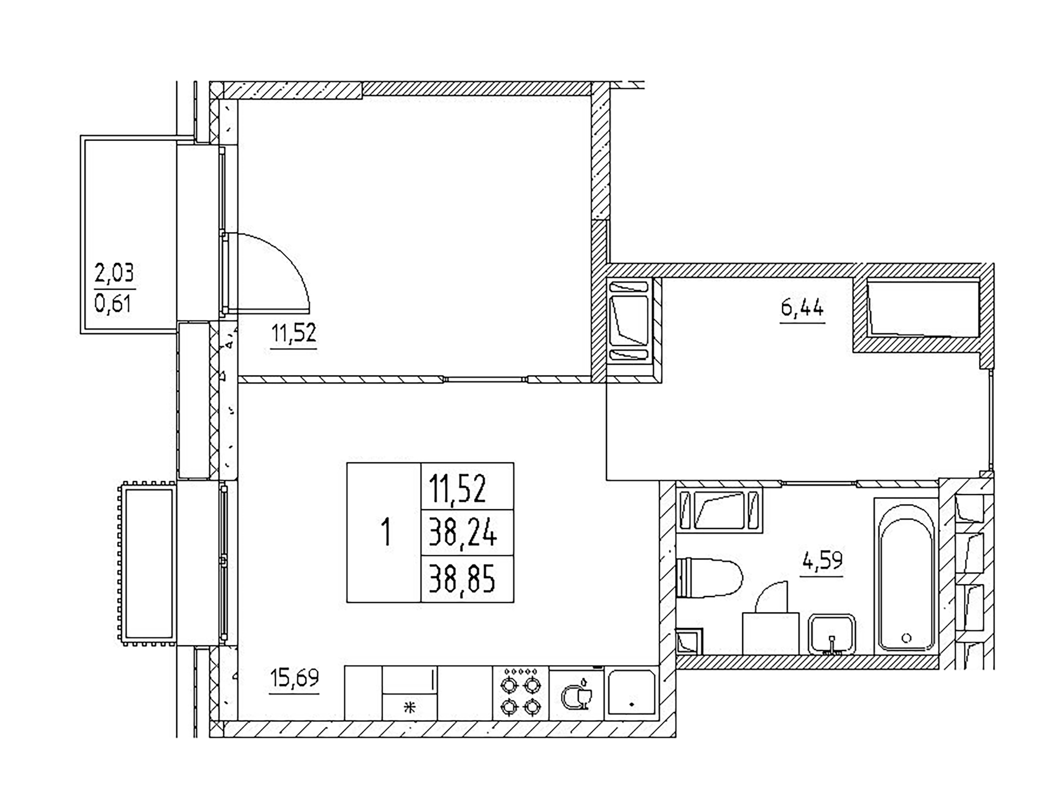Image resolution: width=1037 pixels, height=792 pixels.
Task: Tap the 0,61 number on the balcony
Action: [113, 303]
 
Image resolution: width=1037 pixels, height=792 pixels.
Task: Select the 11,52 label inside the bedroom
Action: [293, 334]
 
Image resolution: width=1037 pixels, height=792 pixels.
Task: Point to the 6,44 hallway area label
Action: [802, 308]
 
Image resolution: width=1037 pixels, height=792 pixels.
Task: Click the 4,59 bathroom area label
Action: [822, 561]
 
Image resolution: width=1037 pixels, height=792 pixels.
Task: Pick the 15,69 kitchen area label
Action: [294, 678]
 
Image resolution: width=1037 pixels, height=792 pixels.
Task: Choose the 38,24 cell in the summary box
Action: [463, 533]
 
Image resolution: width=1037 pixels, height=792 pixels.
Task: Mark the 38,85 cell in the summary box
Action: [463, 579]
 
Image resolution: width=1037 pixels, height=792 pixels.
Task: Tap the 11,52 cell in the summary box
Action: [458, 488]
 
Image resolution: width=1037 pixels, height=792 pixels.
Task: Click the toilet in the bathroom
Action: [710, 578]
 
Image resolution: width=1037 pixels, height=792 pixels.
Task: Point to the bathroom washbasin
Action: [832, 634]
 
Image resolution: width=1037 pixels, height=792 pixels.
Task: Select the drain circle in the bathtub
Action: [906, 638]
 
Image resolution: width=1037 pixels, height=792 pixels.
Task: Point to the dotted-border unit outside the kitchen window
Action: [147, 563]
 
